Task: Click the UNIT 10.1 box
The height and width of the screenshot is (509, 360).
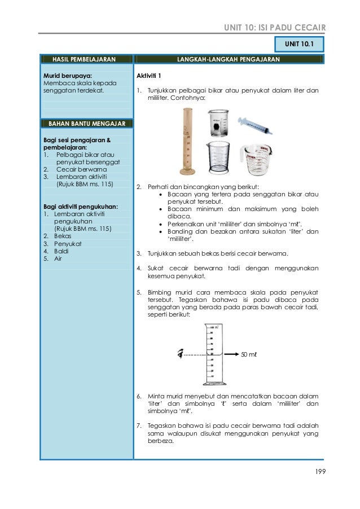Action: (298, 43)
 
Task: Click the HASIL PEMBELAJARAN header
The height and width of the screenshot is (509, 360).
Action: (84, 59)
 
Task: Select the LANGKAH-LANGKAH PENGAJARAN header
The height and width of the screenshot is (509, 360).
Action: (228, 59)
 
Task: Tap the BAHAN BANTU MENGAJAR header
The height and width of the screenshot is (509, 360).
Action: (85, 123)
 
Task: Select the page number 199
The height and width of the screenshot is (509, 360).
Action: (320, 471)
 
